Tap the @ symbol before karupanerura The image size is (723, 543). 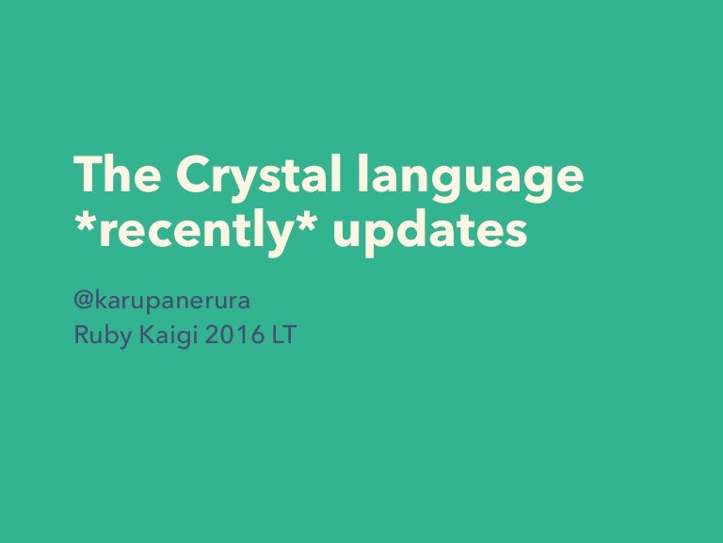click(83, 303)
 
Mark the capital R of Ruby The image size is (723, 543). click(81, 335)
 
